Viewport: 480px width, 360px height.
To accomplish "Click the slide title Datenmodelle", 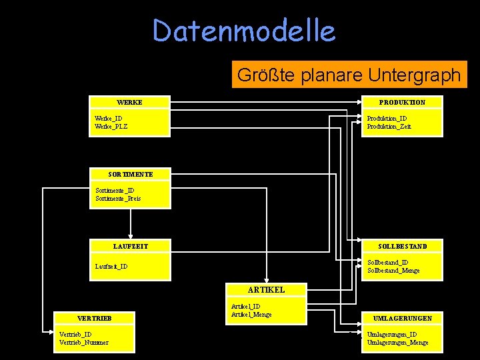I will (x=243, y=31).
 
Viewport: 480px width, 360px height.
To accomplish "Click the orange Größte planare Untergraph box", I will (x=349, y=75).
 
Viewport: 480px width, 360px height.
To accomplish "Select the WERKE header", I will (x=130, y=102).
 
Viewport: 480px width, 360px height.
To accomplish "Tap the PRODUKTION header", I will (x=401, y=102).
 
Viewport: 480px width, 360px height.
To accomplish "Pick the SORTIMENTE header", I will (x=131, y=174).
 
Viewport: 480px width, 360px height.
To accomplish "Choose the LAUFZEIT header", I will (x=131, y=246).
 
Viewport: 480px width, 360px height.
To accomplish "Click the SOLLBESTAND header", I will (x=402, y=246).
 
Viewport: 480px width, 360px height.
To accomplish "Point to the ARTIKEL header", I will (x=266, y=290).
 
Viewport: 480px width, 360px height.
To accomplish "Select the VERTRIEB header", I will (x=94, y=318).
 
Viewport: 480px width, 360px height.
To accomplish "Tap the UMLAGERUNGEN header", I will (x=402, y=318).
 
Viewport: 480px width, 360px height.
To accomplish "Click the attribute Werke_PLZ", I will (x=111, y=127).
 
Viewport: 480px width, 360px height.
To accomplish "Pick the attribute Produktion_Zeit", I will (x=389, y=127).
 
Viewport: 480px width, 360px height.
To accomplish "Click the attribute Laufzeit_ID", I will (x=111, y=267).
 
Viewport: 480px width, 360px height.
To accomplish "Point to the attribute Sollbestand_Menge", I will (x=393, y=271).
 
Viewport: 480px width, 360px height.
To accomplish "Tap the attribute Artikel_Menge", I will (x=251, y=315).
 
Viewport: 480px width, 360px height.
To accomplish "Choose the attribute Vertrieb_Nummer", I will (x=83, y=343).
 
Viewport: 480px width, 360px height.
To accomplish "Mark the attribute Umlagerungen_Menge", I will (x=397, y=343).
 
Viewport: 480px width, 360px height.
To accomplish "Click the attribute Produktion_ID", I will (x=387, y=119).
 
